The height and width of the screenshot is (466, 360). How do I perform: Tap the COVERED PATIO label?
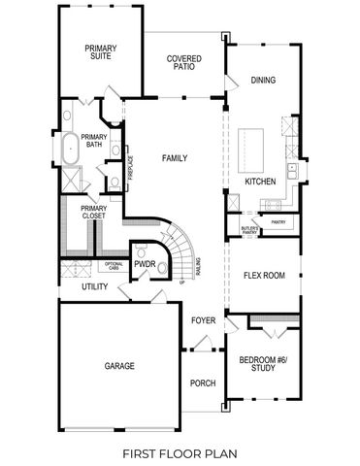[183, 63]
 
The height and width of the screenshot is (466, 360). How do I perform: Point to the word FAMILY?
[175, 158]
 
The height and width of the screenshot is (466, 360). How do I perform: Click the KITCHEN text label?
[261, 182]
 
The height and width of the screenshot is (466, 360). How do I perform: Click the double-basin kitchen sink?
[291, 174]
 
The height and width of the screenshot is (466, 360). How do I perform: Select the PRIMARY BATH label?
[94, 142]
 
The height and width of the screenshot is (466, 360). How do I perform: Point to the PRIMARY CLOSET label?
[94, 211]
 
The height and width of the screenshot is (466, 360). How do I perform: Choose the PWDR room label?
[145, 264]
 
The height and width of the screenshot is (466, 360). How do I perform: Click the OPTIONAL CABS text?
[114, 266]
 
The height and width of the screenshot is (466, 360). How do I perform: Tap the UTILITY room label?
[94, 287]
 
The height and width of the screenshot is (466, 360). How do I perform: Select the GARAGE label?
[119, 366]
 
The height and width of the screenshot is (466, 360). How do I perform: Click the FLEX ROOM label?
[263, 276]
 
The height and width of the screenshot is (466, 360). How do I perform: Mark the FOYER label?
[202, 319]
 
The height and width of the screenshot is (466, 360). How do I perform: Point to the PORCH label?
[202, 383]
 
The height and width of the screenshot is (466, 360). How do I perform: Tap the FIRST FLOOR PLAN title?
[180, 452]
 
